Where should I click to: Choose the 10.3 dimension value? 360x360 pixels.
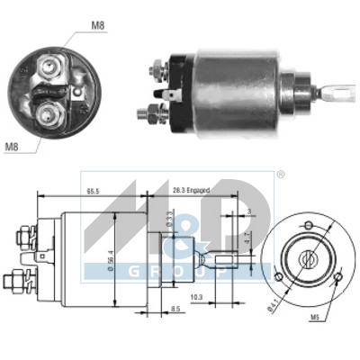click(196, 296)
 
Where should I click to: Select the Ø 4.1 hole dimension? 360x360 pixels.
click(269, 310)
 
